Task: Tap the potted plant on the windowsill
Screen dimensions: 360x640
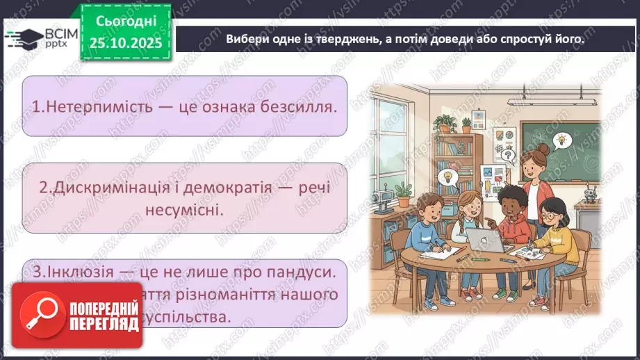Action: click(x=444, y=124)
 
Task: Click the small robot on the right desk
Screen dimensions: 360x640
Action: click(x=591, y=192)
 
